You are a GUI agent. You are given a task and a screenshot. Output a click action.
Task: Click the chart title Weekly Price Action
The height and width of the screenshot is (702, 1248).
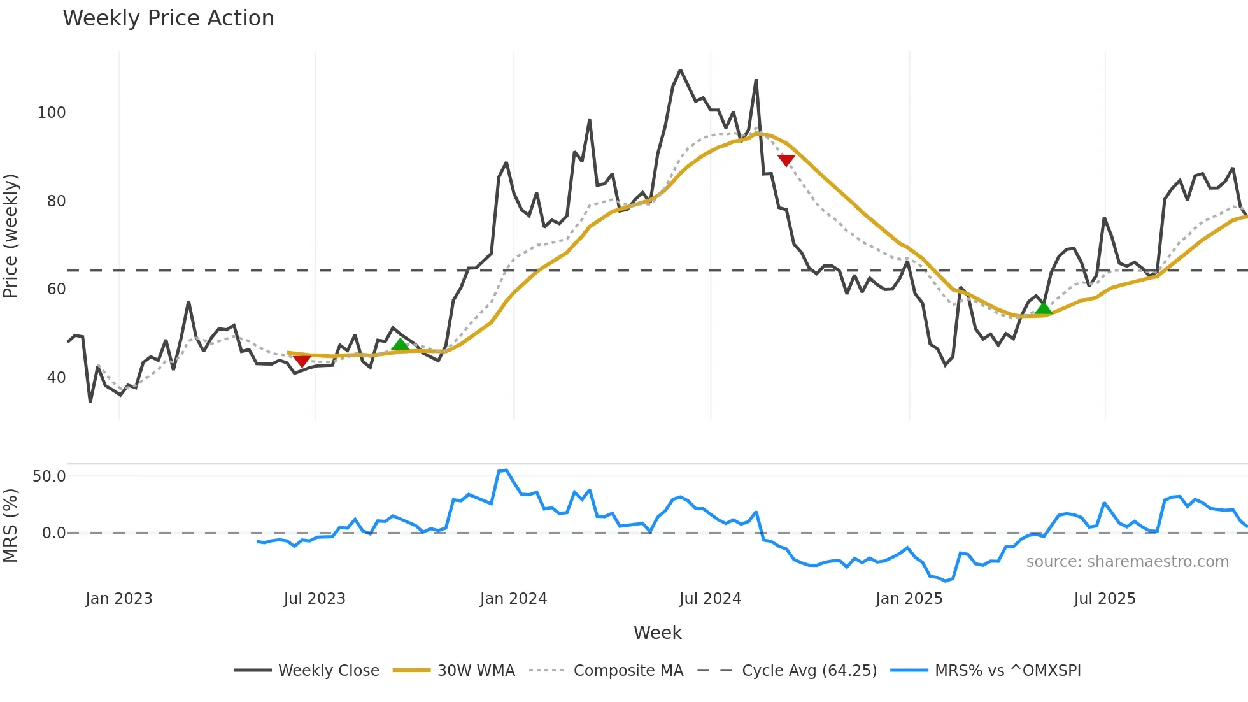pyautogui.click(x=168, y=18)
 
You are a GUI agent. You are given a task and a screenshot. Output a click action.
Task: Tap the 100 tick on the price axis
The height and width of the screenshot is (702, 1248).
pyautogui.click(x=52, y=113)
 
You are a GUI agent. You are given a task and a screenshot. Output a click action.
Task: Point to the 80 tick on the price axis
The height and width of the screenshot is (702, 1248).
pyautogui.click(x=56, y=201)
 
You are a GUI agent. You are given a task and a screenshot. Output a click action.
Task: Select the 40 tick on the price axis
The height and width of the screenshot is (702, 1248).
pyautogui.click(x=56, y=378)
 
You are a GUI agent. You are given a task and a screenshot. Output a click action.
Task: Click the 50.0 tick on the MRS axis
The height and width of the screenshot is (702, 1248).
pyautogui.click(x=49, y=476)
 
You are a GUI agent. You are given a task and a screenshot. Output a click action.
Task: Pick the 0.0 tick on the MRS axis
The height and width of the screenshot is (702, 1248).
pyautogui.click(x=53, y=533)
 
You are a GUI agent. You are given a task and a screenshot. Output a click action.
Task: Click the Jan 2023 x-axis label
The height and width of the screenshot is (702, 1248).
pyautogui.click(x=119, y=599)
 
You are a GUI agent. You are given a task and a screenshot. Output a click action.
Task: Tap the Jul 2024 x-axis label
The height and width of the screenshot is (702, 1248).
pyautogui.click(x=710, y=599)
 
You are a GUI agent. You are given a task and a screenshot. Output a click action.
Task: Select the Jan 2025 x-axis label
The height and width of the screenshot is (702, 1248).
pyautogui.click(x=909, y=599)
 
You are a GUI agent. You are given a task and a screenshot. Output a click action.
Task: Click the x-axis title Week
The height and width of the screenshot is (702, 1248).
pyautogui.click(x=657, y=633)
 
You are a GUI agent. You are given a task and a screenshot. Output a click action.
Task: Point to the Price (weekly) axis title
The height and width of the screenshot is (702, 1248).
pyautogui.click(x=11, y=236)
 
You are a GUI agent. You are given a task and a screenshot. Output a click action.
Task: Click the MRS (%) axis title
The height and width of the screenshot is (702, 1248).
pyautogui.click(x=11, y=526)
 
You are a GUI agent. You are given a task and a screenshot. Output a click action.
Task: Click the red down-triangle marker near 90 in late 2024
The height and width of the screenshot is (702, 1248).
pyautogui.click(x=786, y=160)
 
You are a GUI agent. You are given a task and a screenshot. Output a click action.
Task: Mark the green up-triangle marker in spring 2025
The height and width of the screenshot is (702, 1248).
pyautogui.click(x=1043, y=309)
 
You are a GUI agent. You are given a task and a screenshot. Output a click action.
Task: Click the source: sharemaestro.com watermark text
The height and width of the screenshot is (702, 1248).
pyautogui.click(x=1127, y=562)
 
